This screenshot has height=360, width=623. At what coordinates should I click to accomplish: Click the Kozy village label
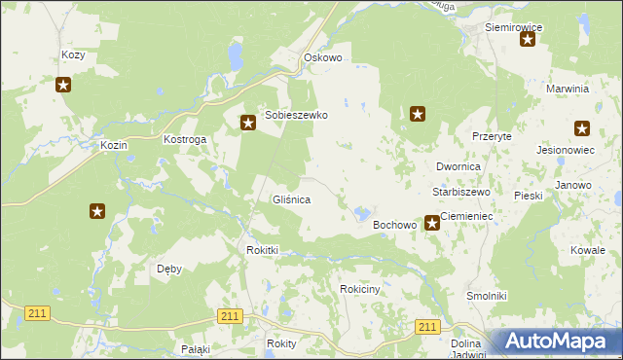tap(73, 55)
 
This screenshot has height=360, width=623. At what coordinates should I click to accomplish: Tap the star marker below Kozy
tap(63, 85)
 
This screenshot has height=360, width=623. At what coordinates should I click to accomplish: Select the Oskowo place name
tap(323, 57)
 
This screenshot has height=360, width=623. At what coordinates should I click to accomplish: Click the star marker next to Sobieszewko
tap(248, 123)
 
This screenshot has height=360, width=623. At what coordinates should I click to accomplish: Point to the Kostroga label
tap(185, 140)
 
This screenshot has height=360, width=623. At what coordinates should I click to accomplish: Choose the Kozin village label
tap(114, 145)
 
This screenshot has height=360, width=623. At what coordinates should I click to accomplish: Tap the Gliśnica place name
tap(291, 199)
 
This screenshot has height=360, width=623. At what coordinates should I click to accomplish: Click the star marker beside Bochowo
tap(432, 224)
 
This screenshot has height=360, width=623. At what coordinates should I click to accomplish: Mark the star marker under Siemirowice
tap(528, 40)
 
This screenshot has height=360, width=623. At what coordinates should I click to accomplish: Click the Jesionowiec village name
tap(565, 151)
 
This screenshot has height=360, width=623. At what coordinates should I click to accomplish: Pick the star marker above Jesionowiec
tap(582, 127)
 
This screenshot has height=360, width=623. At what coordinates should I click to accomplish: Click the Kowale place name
tap(588, 250)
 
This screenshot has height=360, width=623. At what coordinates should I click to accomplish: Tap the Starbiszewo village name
tap(461, 192)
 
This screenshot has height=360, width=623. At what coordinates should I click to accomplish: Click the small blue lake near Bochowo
tap(362, 212)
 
